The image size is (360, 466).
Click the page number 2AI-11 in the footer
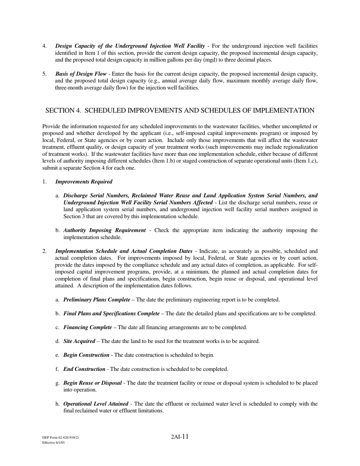(180, 437)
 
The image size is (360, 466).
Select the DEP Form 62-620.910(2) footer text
(61, 438)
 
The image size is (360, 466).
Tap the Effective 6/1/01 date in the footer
(53, 443)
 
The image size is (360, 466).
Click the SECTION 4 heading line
(180, 111)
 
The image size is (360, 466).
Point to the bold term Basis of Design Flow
(81, 74)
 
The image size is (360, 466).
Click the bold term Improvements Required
(84, 182)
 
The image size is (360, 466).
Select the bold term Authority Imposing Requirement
(104, 230)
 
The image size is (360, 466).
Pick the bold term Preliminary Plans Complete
(97, 300)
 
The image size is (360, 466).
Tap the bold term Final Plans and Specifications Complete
(111, 314)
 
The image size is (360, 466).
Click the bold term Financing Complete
(88, 327)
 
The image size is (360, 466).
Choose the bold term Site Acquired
(79, 341)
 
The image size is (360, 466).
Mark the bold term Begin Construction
(86, 355)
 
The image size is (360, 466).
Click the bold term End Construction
(84, 369)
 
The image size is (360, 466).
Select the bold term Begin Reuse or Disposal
(92, 383)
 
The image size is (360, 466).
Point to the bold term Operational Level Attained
(95, 404)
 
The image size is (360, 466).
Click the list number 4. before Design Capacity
(45, 46)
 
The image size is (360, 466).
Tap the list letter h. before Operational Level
(58, 404)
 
